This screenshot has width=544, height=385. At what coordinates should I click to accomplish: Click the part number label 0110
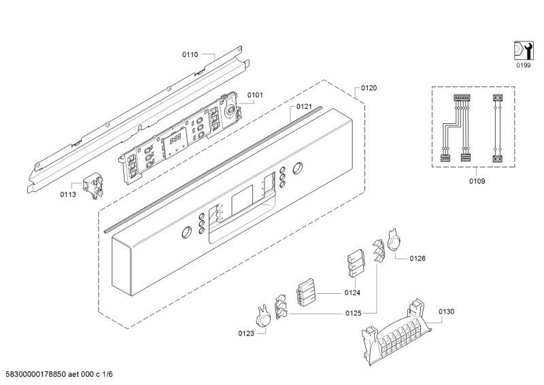[190, 54]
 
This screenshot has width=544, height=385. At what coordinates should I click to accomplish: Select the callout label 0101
[255, 95]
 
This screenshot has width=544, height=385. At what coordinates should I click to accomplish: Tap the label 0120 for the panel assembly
[369, 88]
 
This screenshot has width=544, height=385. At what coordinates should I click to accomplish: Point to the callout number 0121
[304, 107]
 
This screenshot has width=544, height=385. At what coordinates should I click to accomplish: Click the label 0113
[68, 195]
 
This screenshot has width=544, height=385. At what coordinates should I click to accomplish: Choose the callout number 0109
[477, 181]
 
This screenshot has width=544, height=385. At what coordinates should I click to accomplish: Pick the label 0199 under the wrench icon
[523, 65]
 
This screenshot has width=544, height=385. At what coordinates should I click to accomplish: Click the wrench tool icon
[523, 51]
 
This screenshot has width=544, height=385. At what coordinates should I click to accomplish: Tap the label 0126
[418, 258]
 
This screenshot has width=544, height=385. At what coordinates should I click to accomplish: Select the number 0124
[352, 293]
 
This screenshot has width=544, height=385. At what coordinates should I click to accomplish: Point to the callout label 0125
[353, 314]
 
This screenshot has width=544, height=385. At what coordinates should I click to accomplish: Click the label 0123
[246, 333]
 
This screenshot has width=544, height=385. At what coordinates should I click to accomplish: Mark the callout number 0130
[446, 312]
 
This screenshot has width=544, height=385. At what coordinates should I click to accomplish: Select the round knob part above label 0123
[265, 316]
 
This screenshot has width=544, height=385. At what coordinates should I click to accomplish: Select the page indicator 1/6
[107, 374]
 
